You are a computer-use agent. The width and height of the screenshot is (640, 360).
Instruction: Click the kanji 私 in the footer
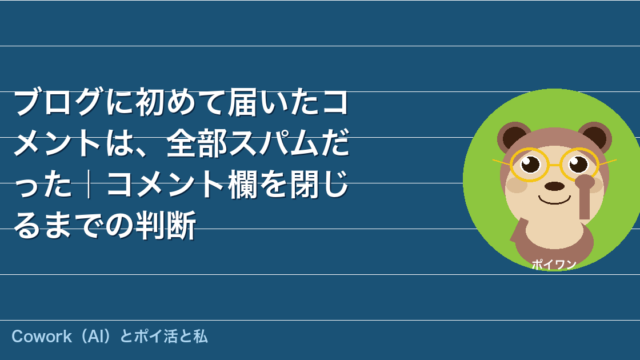200,337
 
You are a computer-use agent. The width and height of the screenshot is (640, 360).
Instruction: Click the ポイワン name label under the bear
554,264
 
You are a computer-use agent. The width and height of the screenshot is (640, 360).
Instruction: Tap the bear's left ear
513,136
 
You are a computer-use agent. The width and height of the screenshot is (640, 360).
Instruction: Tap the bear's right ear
595,137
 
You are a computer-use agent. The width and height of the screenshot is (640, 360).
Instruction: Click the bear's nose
555,186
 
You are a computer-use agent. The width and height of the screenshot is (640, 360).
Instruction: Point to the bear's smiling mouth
554,201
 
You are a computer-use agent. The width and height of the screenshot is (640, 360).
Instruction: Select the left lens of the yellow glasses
529,164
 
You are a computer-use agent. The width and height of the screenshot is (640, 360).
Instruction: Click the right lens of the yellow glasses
579,164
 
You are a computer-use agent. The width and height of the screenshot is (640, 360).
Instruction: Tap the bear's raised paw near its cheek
585,197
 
